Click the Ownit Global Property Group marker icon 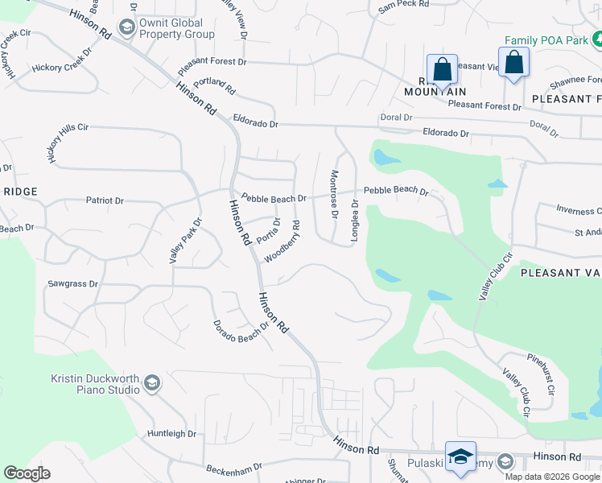point(126,28)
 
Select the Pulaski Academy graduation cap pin point(460,456)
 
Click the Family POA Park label point(546,39)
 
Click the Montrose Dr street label point(333,194)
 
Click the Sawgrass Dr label point(72,284)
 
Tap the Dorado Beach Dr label point(240,329)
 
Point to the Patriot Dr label point(105,200)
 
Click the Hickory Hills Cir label point(68,144)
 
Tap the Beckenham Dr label point(234,467)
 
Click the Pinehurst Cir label point(541,367)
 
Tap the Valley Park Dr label point(184,241)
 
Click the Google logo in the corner point(27,473)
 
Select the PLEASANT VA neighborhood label point(560,273)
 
